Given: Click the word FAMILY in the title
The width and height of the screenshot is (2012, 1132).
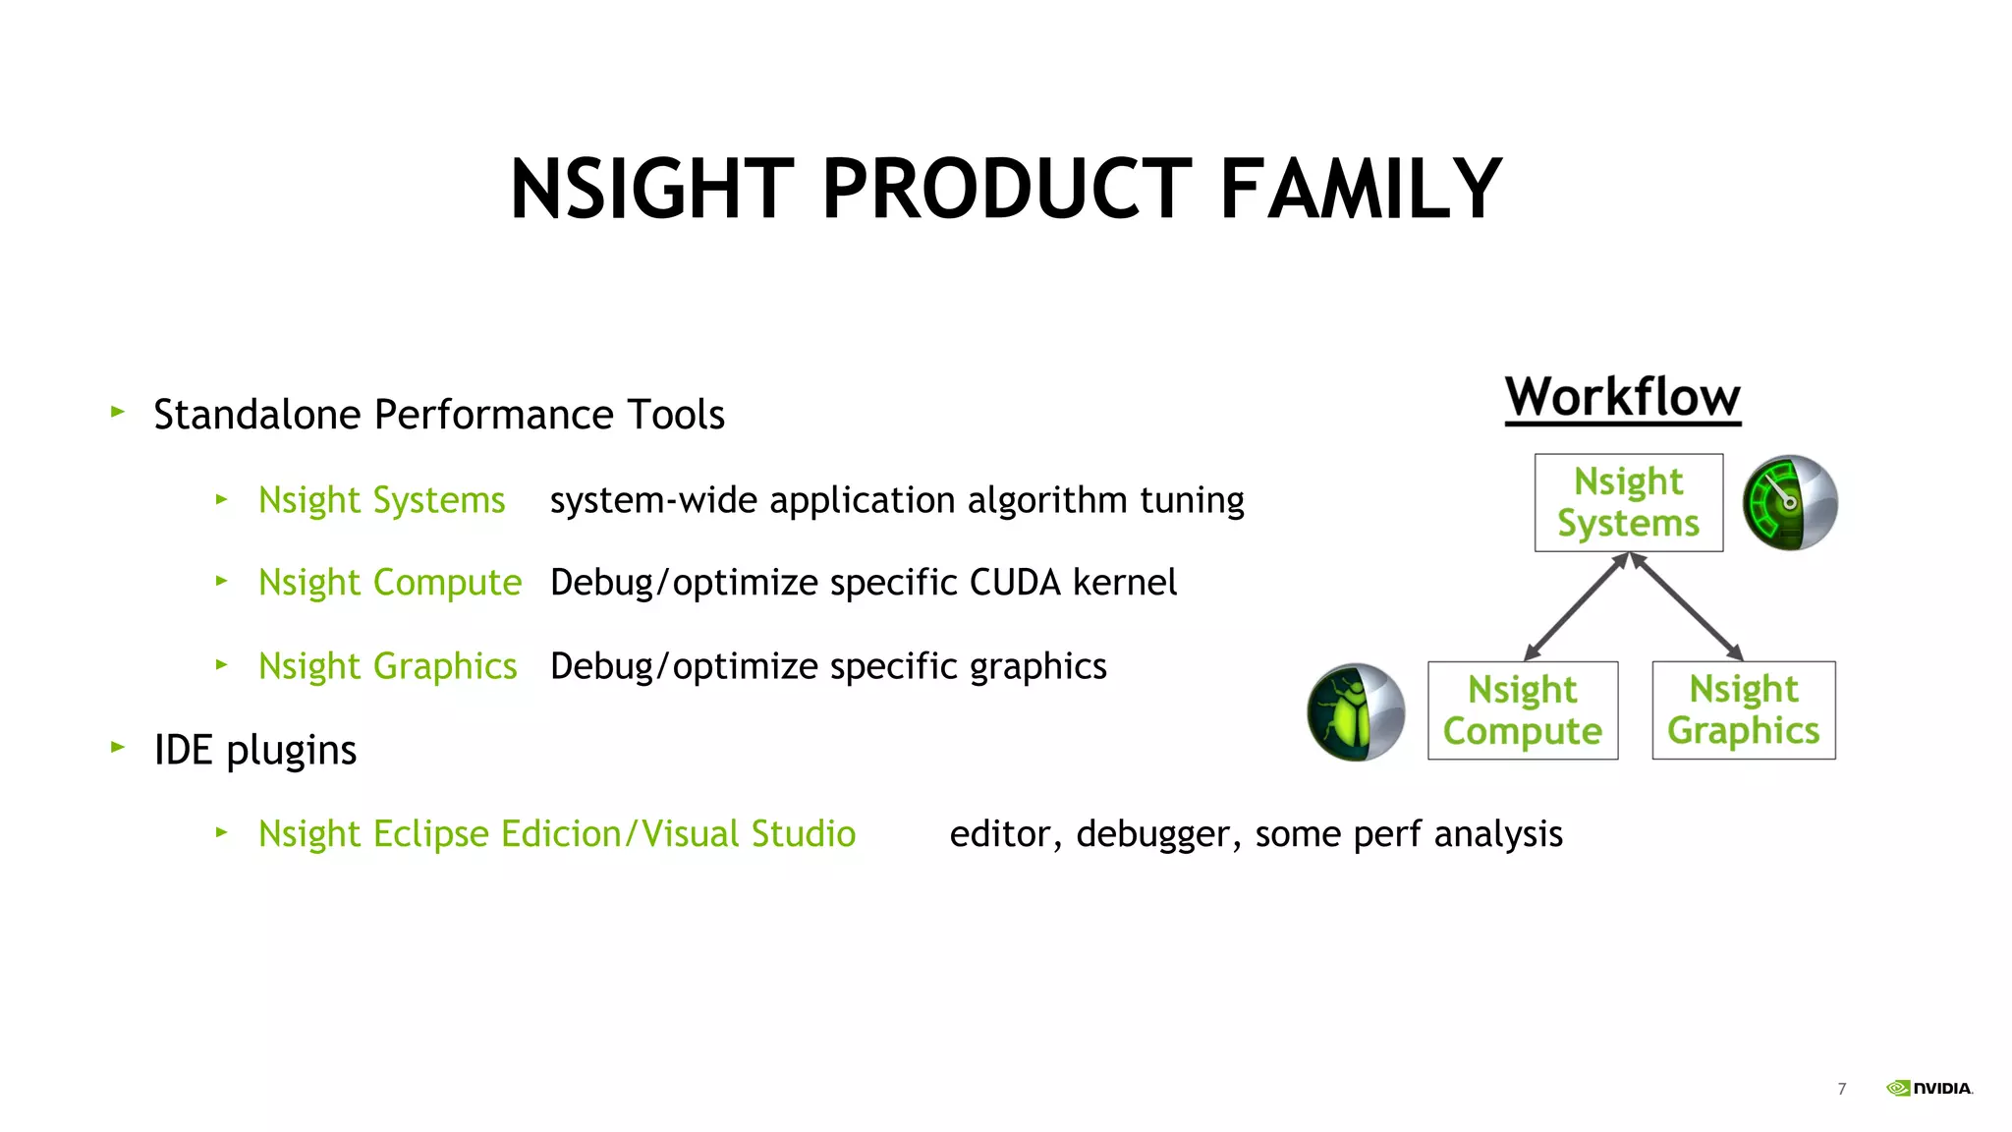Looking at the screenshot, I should pyautogui.click(x=1360, y=189).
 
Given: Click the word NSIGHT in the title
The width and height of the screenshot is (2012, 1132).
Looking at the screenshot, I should pyautogui.click(x=651, y=189).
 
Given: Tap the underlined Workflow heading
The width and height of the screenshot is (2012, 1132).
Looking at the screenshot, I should pyautogui.click(x=1622, y=398).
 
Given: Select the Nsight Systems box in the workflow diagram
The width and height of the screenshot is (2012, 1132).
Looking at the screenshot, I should pyautogui.click(x=1628, y=502).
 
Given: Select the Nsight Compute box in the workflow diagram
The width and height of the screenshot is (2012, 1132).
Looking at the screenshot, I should pyautogui.click(x=1522, y=709).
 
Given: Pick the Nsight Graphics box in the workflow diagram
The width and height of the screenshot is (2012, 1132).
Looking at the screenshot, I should pyautogui.click(x=1743, y=709).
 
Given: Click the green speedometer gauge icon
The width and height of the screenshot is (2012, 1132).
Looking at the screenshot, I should pyautogui.click(x=1789, y=502).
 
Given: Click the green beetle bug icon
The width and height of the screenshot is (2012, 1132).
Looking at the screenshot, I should pyautogui.click(x=1355, y=711).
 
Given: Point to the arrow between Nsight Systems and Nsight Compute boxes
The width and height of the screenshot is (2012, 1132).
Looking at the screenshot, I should pyautogui.click(x=1575, y=607).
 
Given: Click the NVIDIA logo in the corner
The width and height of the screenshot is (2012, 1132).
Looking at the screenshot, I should pyautogui.click(x=1929, y=1088).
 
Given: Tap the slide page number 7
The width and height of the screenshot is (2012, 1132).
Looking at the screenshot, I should pyautogui.click(x=1841, y=1089).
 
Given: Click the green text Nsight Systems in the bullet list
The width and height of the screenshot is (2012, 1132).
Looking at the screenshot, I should pyautogui.click(x=381, y=501).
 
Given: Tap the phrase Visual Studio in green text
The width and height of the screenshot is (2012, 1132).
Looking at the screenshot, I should pyautogui.click(x=749, y=834).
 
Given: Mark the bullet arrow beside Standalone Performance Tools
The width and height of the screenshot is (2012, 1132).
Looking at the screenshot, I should pyautogui.click(x=118, y=412).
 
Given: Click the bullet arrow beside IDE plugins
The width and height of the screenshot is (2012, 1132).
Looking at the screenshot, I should pyautogui.click(x=118, y=747).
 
